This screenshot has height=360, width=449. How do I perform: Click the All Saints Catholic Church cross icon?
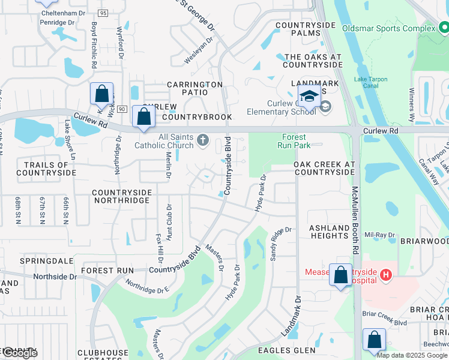coord(203,141)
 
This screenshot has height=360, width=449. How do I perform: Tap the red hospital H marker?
coord(386,275)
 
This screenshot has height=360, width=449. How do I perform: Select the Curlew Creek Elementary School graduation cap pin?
coord(309,96)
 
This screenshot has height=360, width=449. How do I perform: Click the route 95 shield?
coord(103,13)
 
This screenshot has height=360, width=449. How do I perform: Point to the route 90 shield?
coord(122,109)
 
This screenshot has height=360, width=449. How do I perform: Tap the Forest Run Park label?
coord(293,141)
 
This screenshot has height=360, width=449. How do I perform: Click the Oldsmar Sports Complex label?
coord(388,28)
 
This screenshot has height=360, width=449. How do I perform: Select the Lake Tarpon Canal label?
coord(370,82)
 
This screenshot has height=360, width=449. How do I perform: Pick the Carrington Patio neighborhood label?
coord(194,85)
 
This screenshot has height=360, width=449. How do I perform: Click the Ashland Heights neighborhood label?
coord(329,232)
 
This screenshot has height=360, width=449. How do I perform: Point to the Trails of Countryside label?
coord(46,169)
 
